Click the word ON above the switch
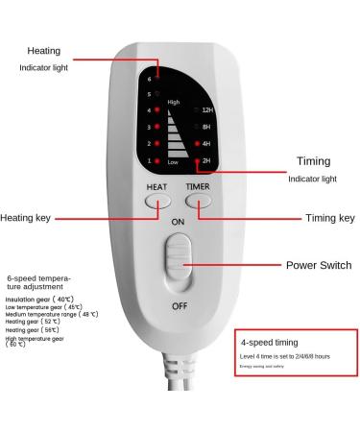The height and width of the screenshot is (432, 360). point(179,221)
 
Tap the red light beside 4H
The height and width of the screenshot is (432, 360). point(197,143)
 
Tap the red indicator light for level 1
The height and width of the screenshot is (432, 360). point(156,160)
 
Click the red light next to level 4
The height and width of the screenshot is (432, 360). point(156,109)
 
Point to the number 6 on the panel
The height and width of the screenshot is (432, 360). point(148,77)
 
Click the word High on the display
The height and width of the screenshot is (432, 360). point(174,101)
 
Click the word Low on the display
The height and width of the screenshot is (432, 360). point(173,163)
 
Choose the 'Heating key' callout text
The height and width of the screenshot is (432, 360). point(32,218)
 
